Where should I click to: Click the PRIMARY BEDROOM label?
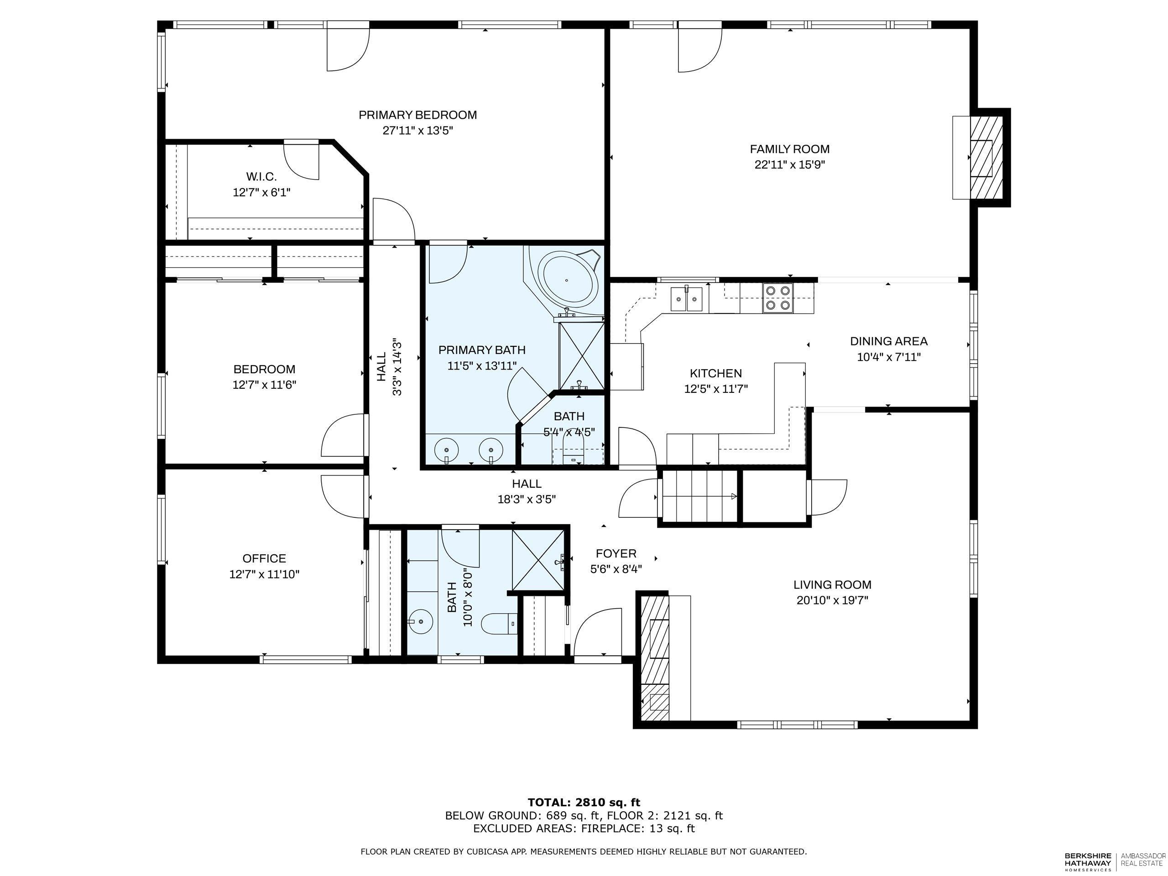[417, 115]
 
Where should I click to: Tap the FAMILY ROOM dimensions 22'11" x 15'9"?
[789, 164]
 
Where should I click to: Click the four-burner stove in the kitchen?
[778, 297]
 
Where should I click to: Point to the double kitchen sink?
[687, 300]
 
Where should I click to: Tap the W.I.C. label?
[261, 177]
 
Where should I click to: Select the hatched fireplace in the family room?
[987, 158]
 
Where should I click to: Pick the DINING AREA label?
[888, 341]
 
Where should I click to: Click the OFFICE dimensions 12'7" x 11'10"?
[264, 574]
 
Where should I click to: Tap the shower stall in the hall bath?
[538, 558]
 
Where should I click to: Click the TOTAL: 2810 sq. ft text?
[584, 802]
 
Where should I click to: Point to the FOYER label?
[615, 553]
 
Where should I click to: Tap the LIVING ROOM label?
[832, 584]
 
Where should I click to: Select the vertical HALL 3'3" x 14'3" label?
[389, 367]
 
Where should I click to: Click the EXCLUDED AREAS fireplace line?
[584, 829]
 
